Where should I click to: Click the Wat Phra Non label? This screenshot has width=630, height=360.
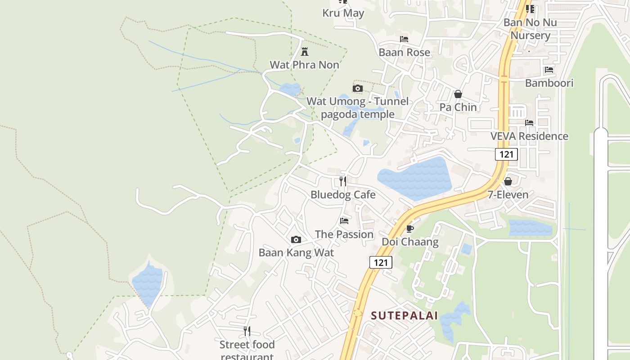(304, 65)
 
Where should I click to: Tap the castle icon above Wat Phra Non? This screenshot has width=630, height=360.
(305, 51)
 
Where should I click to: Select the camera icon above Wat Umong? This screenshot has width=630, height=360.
(358, 88)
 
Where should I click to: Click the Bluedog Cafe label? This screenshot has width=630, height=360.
(343, 194)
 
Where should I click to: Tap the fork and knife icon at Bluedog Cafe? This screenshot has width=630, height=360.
(343, 181)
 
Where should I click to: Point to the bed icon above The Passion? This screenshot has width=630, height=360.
(344, 220)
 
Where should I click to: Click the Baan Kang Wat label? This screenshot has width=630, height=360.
(296, 252)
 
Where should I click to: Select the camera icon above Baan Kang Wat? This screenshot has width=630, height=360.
(296, 239)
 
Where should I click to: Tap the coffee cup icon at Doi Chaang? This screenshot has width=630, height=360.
(409, 229)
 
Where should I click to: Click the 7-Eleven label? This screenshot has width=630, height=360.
(508, 194)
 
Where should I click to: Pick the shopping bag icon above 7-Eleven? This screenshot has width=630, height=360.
(508, 181)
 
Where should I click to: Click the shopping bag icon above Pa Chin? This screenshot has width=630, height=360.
(458, 94)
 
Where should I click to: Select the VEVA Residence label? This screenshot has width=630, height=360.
(529, 136)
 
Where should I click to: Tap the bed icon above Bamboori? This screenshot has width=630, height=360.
(549, 70)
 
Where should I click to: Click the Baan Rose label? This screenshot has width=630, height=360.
(404, 52)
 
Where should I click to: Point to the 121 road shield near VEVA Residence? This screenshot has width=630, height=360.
(507, 154)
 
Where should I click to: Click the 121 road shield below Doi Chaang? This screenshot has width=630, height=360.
(381, 262)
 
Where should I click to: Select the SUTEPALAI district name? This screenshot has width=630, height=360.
(404, 315)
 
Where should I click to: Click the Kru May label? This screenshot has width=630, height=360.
(343, 13)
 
